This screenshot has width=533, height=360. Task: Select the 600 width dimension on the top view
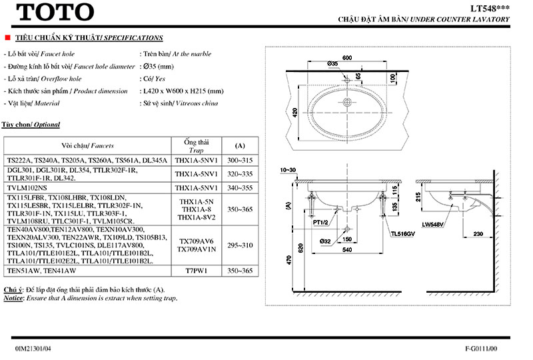click(346, 58)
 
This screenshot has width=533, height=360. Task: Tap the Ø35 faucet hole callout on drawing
click(332, 63)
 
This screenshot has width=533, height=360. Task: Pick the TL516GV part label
click(402, 234)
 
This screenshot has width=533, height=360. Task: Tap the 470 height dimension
click(289, 262)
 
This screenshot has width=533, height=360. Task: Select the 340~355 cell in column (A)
click(241, 188)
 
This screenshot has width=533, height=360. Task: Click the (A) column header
click(241, 145)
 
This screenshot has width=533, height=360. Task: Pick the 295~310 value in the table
click(241, 245)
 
